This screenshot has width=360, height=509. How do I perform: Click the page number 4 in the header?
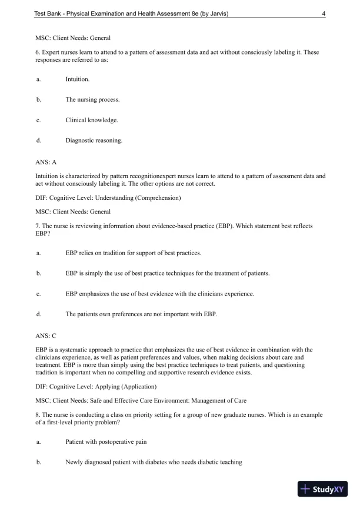coord(324,15)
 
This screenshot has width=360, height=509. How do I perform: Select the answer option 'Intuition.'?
coord(78,78)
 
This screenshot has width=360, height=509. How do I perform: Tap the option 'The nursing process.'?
coord(92,99)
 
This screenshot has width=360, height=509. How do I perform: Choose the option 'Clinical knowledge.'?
coord(92,120)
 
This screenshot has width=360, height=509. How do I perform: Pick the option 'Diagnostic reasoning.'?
coord(94,140)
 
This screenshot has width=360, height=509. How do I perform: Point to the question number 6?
coord(38,52)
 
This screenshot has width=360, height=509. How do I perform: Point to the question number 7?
coord(38,226)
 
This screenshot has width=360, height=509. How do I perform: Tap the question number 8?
coord(38,414)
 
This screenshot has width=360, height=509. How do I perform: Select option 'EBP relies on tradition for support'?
coord(133,253)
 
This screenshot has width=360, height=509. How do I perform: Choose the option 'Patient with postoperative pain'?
coord(106,441)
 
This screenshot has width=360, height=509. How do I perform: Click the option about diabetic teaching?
coord(154,462)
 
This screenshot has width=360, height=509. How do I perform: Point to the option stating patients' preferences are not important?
coord(141,314)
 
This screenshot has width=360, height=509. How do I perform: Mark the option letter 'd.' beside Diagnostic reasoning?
coord(38,140)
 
